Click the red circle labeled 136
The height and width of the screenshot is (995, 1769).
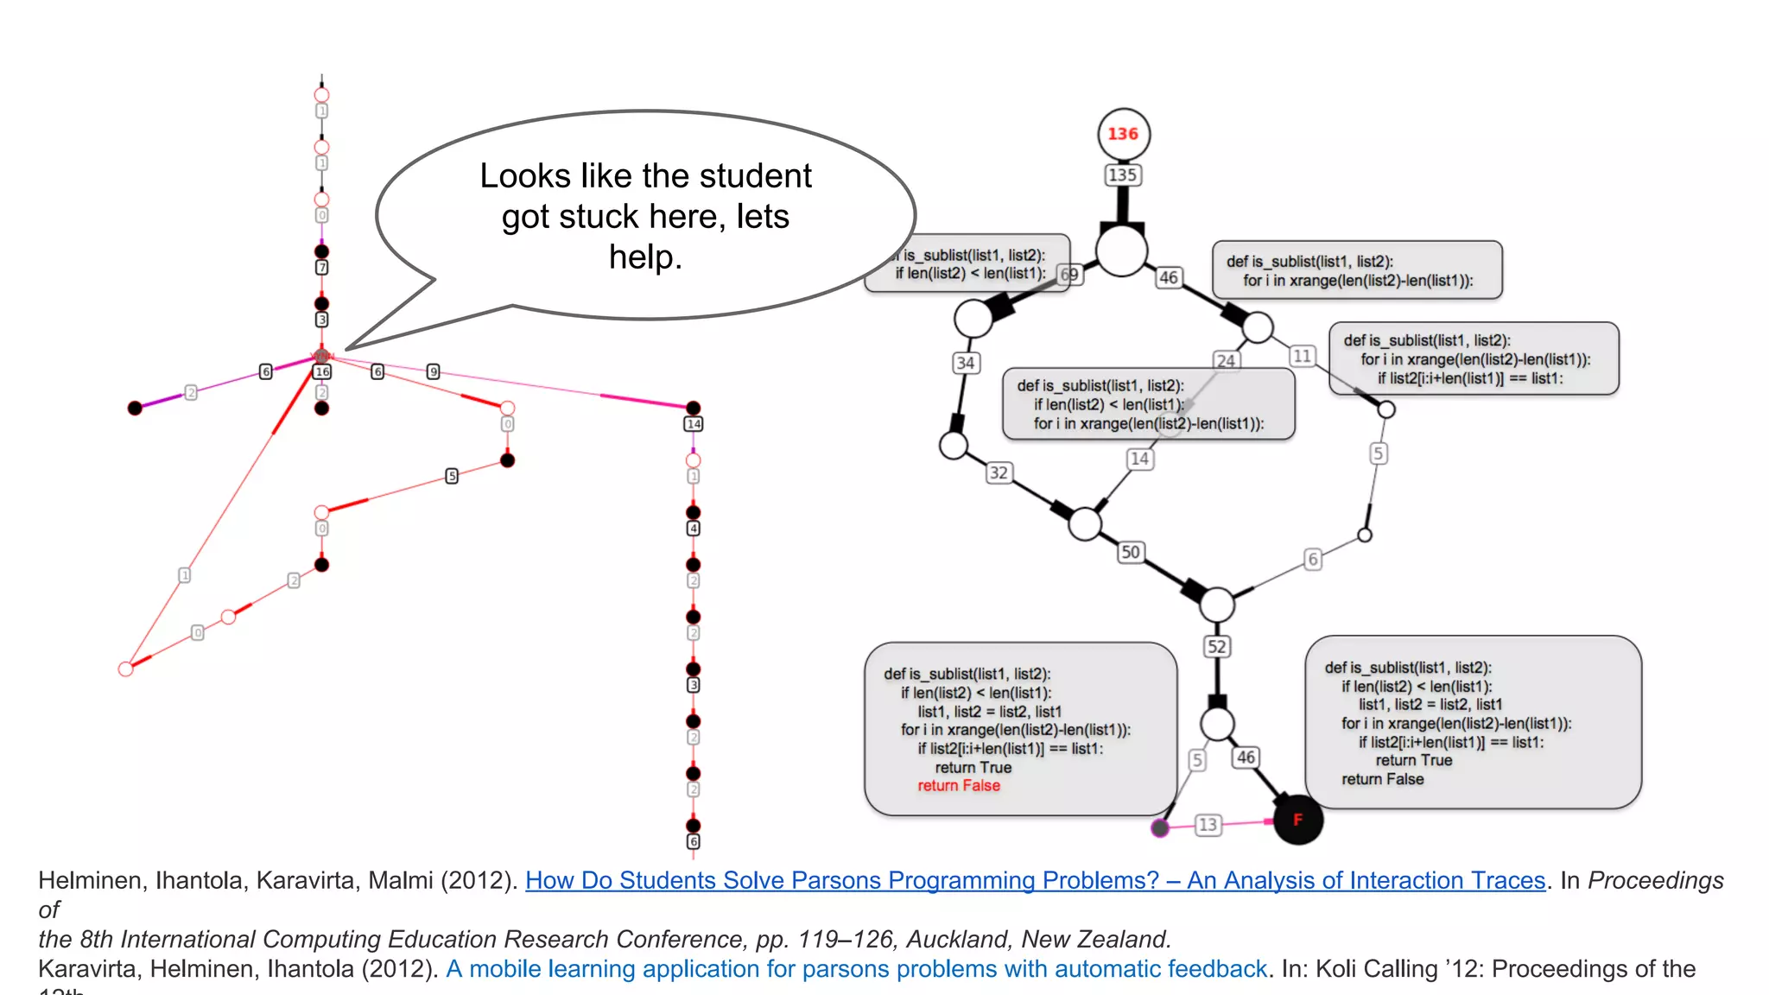click(x=1123, y=134)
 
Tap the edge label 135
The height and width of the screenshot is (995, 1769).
click(x=1123, y=175)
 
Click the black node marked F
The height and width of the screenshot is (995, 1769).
click(x=1297, y=820)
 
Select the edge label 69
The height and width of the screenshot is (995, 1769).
click(x=1069, y=275)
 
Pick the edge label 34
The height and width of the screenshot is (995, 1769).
click(x=966, y=364)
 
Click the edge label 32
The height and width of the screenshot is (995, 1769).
click(x=999, y=472)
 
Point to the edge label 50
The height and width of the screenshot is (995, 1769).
click(x=1131, y=552)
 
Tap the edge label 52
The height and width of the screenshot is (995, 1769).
click(x=1217, y=647)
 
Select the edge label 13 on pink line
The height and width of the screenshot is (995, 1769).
click(x=1208, y=825)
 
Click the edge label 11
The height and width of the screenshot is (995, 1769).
click(x=1303, y=356)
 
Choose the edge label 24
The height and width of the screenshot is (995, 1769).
click(x=1226, y=361)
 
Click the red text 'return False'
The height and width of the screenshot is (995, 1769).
click(x=959, y=786)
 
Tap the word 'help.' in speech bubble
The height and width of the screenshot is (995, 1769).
click(x=645, y=257)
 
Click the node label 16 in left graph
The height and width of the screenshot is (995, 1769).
click(x=322, y=372)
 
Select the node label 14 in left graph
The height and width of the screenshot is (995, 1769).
click(x=694, y=424)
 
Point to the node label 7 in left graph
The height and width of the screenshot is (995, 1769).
click(x=321, y=268)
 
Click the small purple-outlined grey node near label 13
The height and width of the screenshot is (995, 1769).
click(x=1160, y=828)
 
